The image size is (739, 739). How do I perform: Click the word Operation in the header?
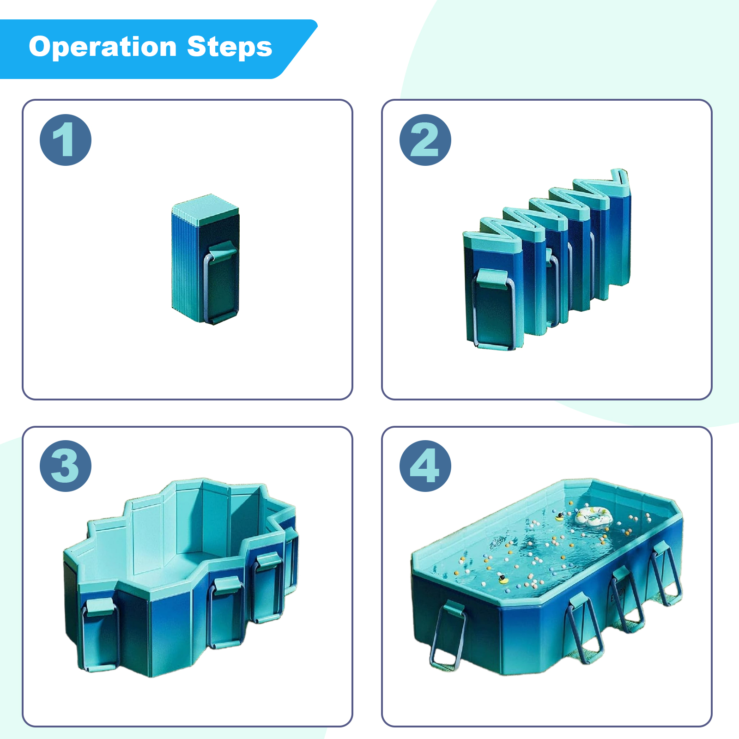(x=103, y=47)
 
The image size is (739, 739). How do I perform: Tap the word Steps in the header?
(x=230, y=47)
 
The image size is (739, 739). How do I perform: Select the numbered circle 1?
(x=66, y=140)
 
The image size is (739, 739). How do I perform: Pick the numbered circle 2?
(x=425, y=140)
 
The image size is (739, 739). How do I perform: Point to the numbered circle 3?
(x=66, y=466)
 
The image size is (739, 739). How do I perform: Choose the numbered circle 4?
(x=425, y=466)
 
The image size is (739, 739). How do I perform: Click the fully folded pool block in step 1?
(x=205, y=259)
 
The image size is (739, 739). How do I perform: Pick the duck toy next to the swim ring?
(x=560, y=516)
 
